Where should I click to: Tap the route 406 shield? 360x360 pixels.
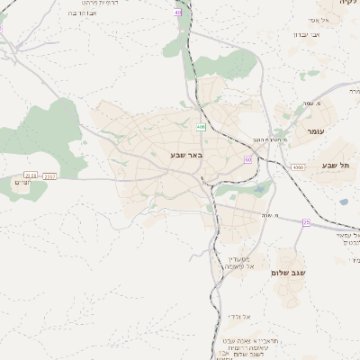202,128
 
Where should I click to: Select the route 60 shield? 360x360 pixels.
247,159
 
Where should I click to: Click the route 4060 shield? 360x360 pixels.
298,166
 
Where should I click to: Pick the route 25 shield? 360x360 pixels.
306,221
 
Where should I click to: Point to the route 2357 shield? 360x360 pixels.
49,175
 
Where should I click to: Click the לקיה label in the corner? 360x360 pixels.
348,4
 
